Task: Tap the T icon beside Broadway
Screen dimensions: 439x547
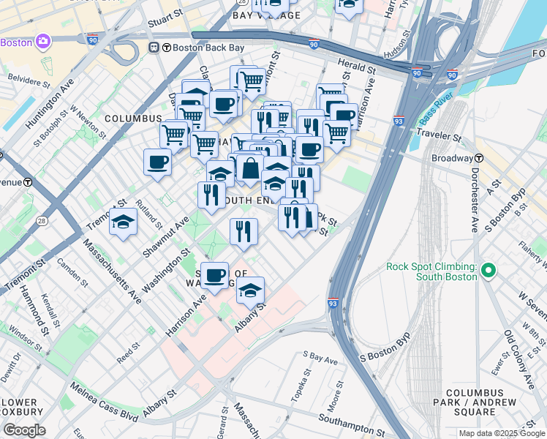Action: click(x=479, y=158)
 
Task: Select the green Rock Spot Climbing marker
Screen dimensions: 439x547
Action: click(x=488, y=271)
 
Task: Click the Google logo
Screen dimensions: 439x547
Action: click(x=23, y=430)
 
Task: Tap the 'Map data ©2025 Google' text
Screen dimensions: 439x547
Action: click(x=502, y=433)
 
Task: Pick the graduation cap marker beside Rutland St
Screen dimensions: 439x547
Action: click(x=124, y=222)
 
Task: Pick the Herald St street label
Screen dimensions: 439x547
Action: click(x=357, y=67)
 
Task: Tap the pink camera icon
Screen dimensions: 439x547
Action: click(x=42, y=42)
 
